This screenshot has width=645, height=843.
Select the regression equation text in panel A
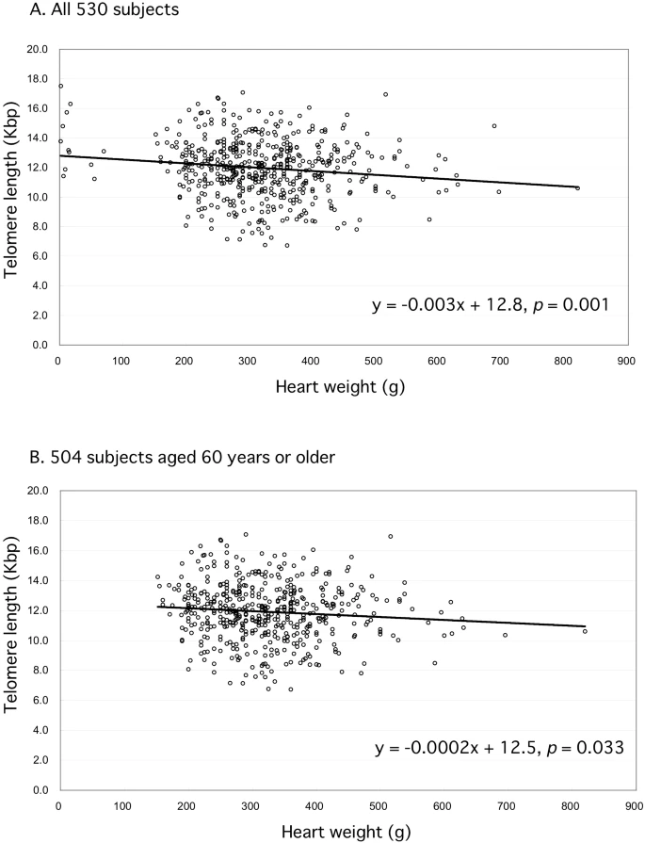coord(478,304)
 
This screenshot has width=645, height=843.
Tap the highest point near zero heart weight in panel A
coord(60,86)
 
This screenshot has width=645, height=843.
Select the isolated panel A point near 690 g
coord(494,125)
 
